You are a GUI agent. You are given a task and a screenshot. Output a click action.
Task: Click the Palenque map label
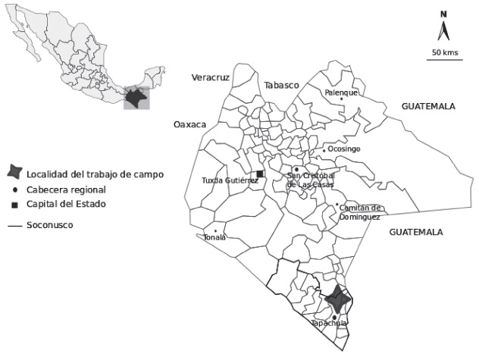[341, 92]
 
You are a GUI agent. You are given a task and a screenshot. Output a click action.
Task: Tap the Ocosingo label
[343, 149]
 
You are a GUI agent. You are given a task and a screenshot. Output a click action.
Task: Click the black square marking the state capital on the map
[259, 174]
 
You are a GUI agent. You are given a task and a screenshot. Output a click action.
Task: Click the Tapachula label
[330, 324]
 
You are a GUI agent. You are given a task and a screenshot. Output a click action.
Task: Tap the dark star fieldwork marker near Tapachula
[337, 300]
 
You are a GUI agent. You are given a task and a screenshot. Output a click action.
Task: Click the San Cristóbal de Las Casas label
[311, 180]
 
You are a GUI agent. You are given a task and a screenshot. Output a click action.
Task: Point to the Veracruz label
[210, 77]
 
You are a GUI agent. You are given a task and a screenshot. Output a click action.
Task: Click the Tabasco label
[282, 85]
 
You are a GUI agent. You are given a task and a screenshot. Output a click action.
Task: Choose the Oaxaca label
[189, 124]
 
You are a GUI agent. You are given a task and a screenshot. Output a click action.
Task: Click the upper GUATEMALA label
[428, 106]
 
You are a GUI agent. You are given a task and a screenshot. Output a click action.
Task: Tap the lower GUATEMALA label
[416, 233]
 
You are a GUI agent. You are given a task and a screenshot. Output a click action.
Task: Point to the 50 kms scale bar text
[445, 52]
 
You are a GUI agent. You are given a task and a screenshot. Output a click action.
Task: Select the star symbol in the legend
[15, 174]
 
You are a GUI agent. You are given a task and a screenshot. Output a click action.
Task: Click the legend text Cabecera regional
[65, 189]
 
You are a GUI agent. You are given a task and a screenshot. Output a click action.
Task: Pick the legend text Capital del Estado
[65, 205]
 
